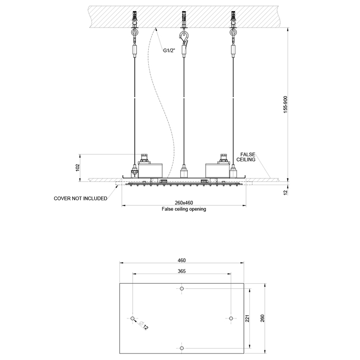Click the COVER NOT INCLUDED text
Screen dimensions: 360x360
pos(80,198)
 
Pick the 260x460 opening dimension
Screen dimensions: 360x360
pos(184,202)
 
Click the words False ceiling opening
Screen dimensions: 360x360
pos(184,209)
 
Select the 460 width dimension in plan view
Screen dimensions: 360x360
pos(182,260)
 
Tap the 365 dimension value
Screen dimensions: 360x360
pos(181,271)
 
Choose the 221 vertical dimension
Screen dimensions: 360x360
pos(247,318)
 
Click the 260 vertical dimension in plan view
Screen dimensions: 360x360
pos(263,318)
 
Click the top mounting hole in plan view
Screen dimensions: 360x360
pos(182,289)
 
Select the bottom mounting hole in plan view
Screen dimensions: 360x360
pos(182,348)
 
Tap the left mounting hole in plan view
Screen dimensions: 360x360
pos(133,318)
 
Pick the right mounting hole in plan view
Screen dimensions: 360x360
pos(231,318)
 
